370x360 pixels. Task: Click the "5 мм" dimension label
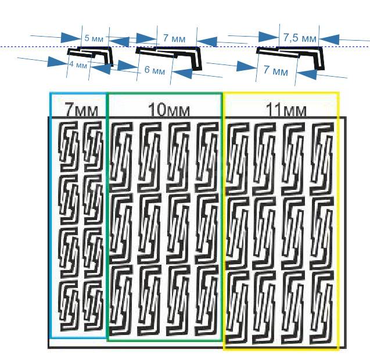click(94, 38)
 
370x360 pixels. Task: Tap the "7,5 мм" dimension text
click(300, 38)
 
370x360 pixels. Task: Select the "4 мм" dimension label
click(78, 64)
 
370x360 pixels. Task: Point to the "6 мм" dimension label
click(155, 70)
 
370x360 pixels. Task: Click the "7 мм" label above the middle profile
click(174, 38)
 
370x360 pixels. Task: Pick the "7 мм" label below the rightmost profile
click(275, 70)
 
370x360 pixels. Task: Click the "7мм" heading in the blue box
click(81, 110)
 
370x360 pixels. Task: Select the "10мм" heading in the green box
click(168, 110)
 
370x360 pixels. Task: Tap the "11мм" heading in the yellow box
click(286, 110)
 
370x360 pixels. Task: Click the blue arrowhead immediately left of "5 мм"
click(71, 38)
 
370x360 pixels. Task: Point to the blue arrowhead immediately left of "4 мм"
click(57, 62)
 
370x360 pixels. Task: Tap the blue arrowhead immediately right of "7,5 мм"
click(329, 39)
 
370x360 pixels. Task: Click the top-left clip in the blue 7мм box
click(69, 146)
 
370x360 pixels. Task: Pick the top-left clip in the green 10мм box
click(121, 157)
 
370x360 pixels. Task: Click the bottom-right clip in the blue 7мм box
click(94, 307)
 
